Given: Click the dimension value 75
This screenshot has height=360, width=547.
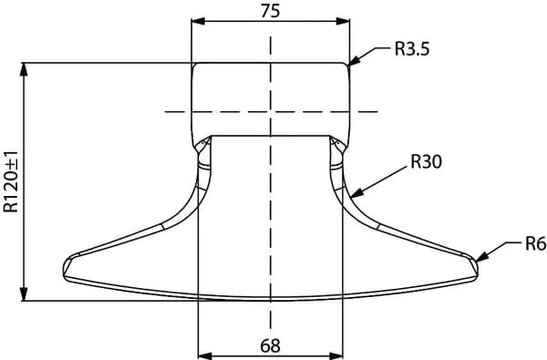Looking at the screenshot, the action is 270,11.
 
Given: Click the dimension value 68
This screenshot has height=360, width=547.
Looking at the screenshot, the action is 270,346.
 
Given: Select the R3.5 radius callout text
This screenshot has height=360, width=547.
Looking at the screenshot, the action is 412,49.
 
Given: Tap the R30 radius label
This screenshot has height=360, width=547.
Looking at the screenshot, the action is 426,161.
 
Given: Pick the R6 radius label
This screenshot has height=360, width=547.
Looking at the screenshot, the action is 535,244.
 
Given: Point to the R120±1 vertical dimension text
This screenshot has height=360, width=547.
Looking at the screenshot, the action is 11,181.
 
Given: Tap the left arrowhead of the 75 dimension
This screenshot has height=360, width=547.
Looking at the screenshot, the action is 198,21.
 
